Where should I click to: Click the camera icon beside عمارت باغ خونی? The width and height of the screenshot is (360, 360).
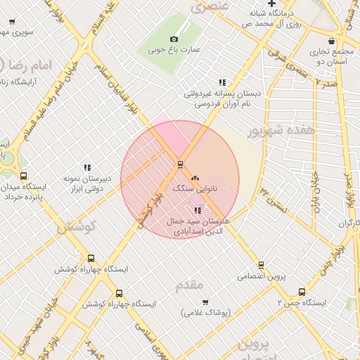pos(174,39)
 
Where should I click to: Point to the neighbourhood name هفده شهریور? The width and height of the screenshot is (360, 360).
pos(283,131)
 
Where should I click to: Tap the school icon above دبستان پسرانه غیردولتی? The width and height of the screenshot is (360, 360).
pos(223,82)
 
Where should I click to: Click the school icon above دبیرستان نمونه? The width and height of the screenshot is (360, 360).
pos(88,167)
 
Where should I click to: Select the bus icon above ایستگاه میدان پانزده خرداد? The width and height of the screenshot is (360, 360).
pos(24,176)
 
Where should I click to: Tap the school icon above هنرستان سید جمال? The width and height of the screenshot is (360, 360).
pos(198,210)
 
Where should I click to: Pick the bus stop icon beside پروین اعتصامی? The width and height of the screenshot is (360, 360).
pos(261,265)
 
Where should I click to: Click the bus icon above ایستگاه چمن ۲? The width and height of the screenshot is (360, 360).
pos(302,292)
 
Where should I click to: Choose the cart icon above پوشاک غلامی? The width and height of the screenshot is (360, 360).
pos(206,302)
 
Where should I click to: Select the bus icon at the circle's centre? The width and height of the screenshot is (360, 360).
pos(180,165)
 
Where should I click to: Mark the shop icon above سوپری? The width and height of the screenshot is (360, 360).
pos(12,21)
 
